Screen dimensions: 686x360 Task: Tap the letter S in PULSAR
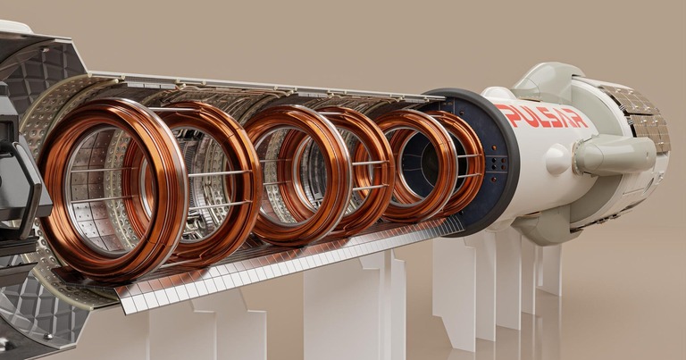pos(551,116)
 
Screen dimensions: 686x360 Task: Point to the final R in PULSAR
pos(579,118)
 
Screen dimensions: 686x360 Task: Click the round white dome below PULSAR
pos(558,160)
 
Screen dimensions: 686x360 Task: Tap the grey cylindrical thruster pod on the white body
pos(615,155)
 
